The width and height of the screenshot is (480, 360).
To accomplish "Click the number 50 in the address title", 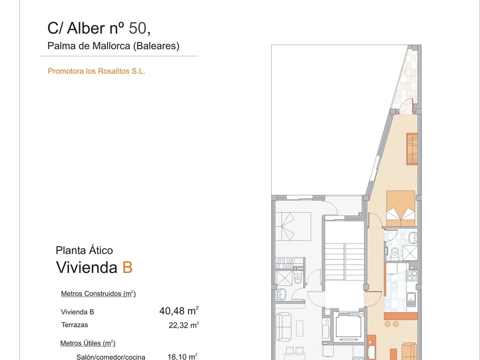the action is pos(137,28).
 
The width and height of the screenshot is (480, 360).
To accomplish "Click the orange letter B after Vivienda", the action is pos(127,267).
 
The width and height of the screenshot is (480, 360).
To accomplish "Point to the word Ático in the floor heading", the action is pos(101,250).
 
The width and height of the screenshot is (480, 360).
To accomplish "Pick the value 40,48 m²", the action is pos(179,311).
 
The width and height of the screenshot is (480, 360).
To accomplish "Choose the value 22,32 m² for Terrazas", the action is pos(184,325).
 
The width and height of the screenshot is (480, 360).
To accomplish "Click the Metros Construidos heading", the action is pos(98,293).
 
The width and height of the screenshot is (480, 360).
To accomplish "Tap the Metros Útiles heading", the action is pos(88,343).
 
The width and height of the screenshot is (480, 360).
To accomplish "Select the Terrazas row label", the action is pos(74,325).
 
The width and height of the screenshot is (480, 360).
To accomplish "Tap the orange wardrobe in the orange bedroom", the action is pos(412,149).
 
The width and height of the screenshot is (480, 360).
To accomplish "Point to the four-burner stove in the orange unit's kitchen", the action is pos(412,275).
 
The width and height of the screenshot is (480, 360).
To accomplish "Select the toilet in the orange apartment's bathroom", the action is pos(394,253).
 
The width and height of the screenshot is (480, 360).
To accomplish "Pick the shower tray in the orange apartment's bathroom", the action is pos(410,253).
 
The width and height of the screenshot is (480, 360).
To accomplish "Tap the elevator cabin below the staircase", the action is pos(349,326).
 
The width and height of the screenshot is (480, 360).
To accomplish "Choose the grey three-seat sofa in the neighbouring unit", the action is pos(283,326).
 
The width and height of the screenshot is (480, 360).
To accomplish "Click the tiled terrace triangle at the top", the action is pos(407,83).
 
